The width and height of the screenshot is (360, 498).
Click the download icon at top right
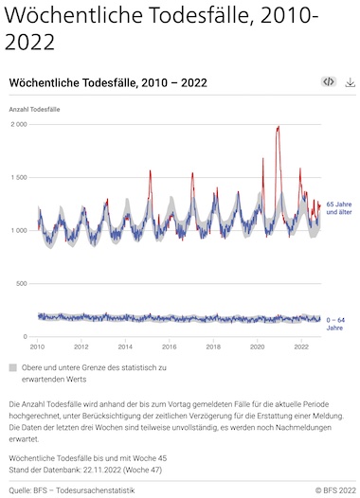coord(350,82)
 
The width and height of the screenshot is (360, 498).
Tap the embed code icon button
coord(329,82)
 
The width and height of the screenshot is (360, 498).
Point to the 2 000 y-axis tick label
coord(19,125)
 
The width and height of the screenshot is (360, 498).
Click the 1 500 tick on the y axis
coord(19,178)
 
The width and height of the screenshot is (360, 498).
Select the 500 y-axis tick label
coord(22,284)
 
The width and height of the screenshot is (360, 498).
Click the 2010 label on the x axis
coord(37,347)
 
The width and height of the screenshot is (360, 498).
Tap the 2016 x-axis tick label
coord(169,347)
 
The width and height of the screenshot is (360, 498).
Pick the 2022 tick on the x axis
coord(301,347)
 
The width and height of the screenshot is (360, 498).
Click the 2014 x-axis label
coord(125,347)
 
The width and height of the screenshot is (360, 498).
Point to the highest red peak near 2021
coord(279,127)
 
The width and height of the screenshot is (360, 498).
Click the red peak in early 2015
coord(150,171)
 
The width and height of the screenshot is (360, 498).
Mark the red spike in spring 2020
coord(263,158)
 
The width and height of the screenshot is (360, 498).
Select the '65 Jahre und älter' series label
coord(339,208)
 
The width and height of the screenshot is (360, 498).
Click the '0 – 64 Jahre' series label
coord(335,324)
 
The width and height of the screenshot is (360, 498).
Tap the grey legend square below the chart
coord(12,367)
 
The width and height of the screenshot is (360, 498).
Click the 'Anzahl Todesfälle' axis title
coord(34,110)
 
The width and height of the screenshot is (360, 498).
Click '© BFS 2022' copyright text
coord(335,490)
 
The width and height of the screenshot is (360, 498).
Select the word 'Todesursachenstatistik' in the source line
coord(96,490)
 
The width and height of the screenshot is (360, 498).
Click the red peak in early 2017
coord(192,173)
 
